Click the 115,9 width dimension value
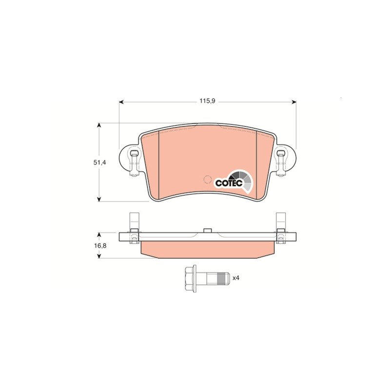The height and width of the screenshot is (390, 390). [207, 101]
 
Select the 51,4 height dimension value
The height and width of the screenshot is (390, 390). [99, 163]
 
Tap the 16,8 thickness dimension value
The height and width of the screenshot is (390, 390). [100, 246]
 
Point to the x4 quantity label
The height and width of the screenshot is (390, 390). [235, 278]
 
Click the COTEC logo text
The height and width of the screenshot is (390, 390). [229, 183]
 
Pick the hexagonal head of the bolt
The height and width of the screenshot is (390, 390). [191, 278]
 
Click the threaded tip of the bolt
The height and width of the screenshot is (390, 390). [222, 278]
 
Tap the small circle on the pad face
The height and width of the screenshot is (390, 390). [207, 179]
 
